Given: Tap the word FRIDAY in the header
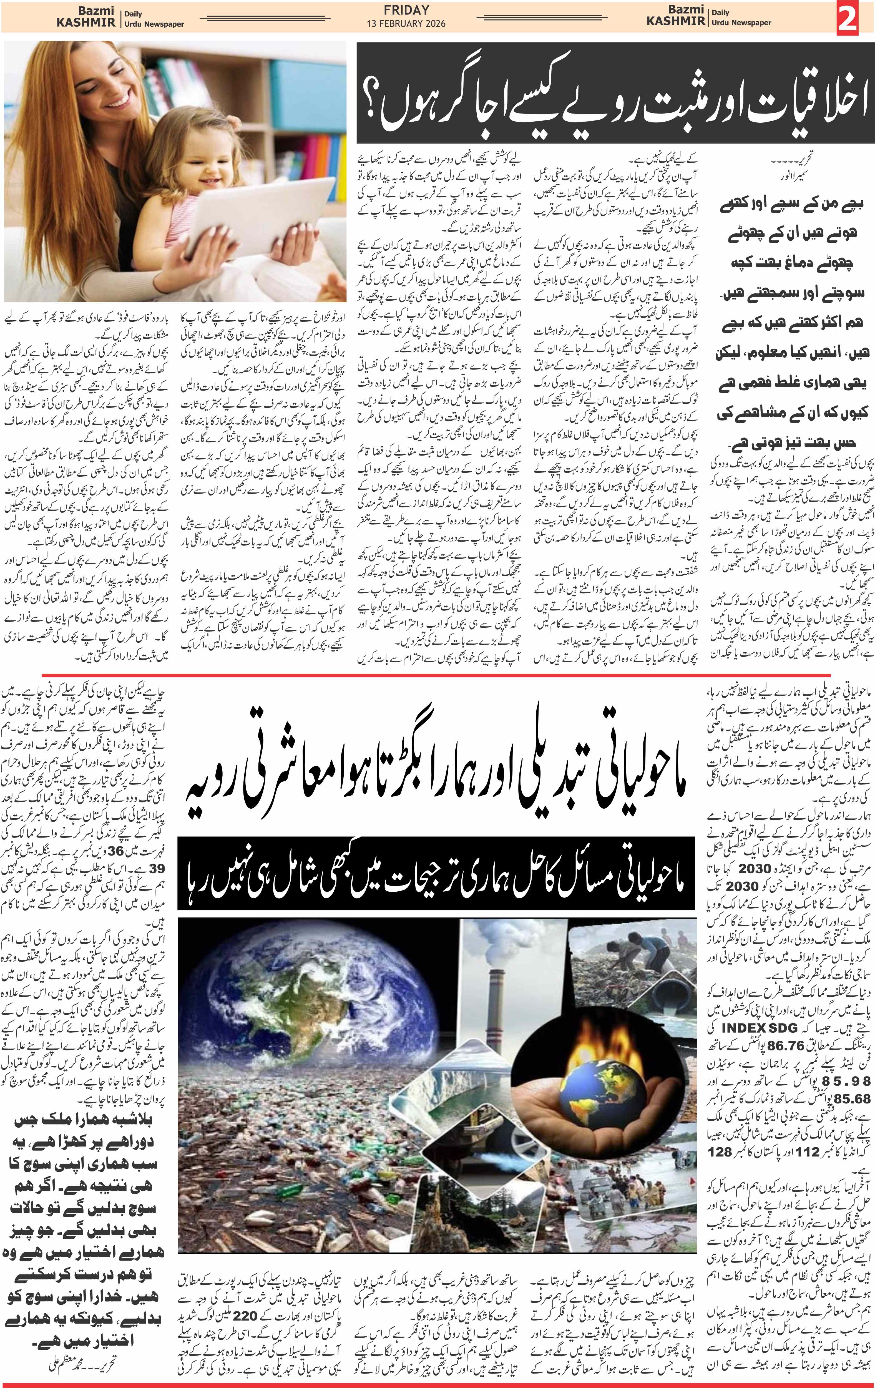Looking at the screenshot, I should click(406, 10).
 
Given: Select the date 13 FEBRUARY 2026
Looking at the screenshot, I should click(406, 24).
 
